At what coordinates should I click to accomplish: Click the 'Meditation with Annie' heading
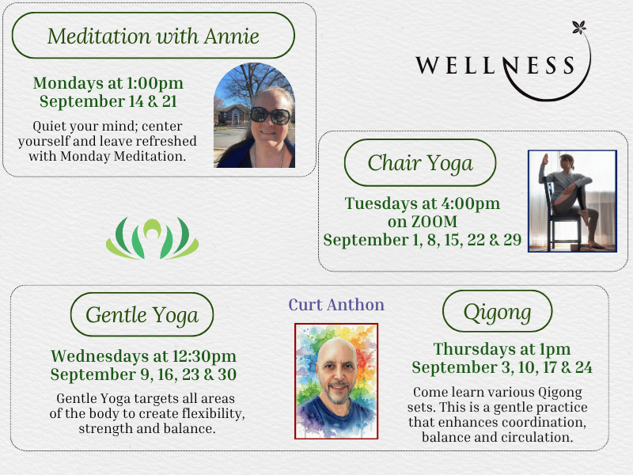153,36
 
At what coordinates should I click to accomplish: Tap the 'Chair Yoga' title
420,163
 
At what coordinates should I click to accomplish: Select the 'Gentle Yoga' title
142,315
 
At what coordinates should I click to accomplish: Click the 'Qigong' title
497,312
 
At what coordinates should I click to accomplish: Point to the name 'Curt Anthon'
336,305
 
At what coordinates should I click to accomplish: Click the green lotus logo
152,238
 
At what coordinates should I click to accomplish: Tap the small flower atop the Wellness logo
579,28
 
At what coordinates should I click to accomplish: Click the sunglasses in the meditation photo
271,116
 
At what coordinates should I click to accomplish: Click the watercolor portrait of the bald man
336,381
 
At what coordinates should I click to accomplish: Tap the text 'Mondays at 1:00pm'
108,83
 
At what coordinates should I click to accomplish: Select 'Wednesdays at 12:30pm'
143,356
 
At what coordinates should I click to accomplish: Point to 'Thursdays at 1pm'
502,349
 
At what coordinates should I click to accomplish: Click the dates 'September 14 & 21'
108,101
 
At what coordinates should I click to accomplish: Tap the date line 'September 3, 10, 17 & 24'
502,367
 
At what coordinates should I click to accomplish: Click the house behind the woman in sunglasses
233,115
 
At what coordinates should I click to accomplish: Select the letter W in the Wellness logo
427,65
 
